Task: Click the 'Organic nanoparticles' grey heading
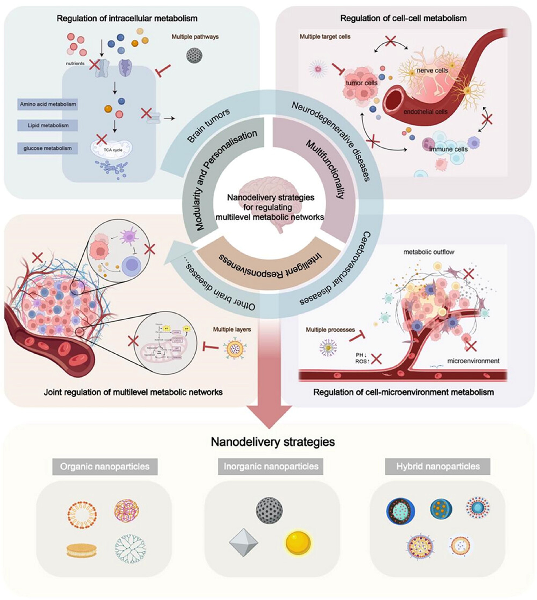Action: point(105,467)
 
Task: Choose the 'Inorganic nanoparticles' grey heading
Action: point(271,467)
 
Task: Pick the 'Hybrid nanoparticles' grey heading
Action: point(438,467)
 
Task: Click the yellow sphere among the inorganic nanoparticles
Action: point(298,542)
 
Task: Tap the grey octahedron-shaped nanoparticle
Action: point(243,542)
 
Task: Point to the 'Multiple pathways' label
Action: point(195,37)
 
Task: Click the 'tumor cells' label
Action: point(361,83)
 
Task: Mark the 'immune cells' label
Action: point(448,149)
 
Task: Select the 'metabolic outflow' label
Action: point(429,252)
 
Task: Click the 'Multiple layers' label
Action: point(232,329)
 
